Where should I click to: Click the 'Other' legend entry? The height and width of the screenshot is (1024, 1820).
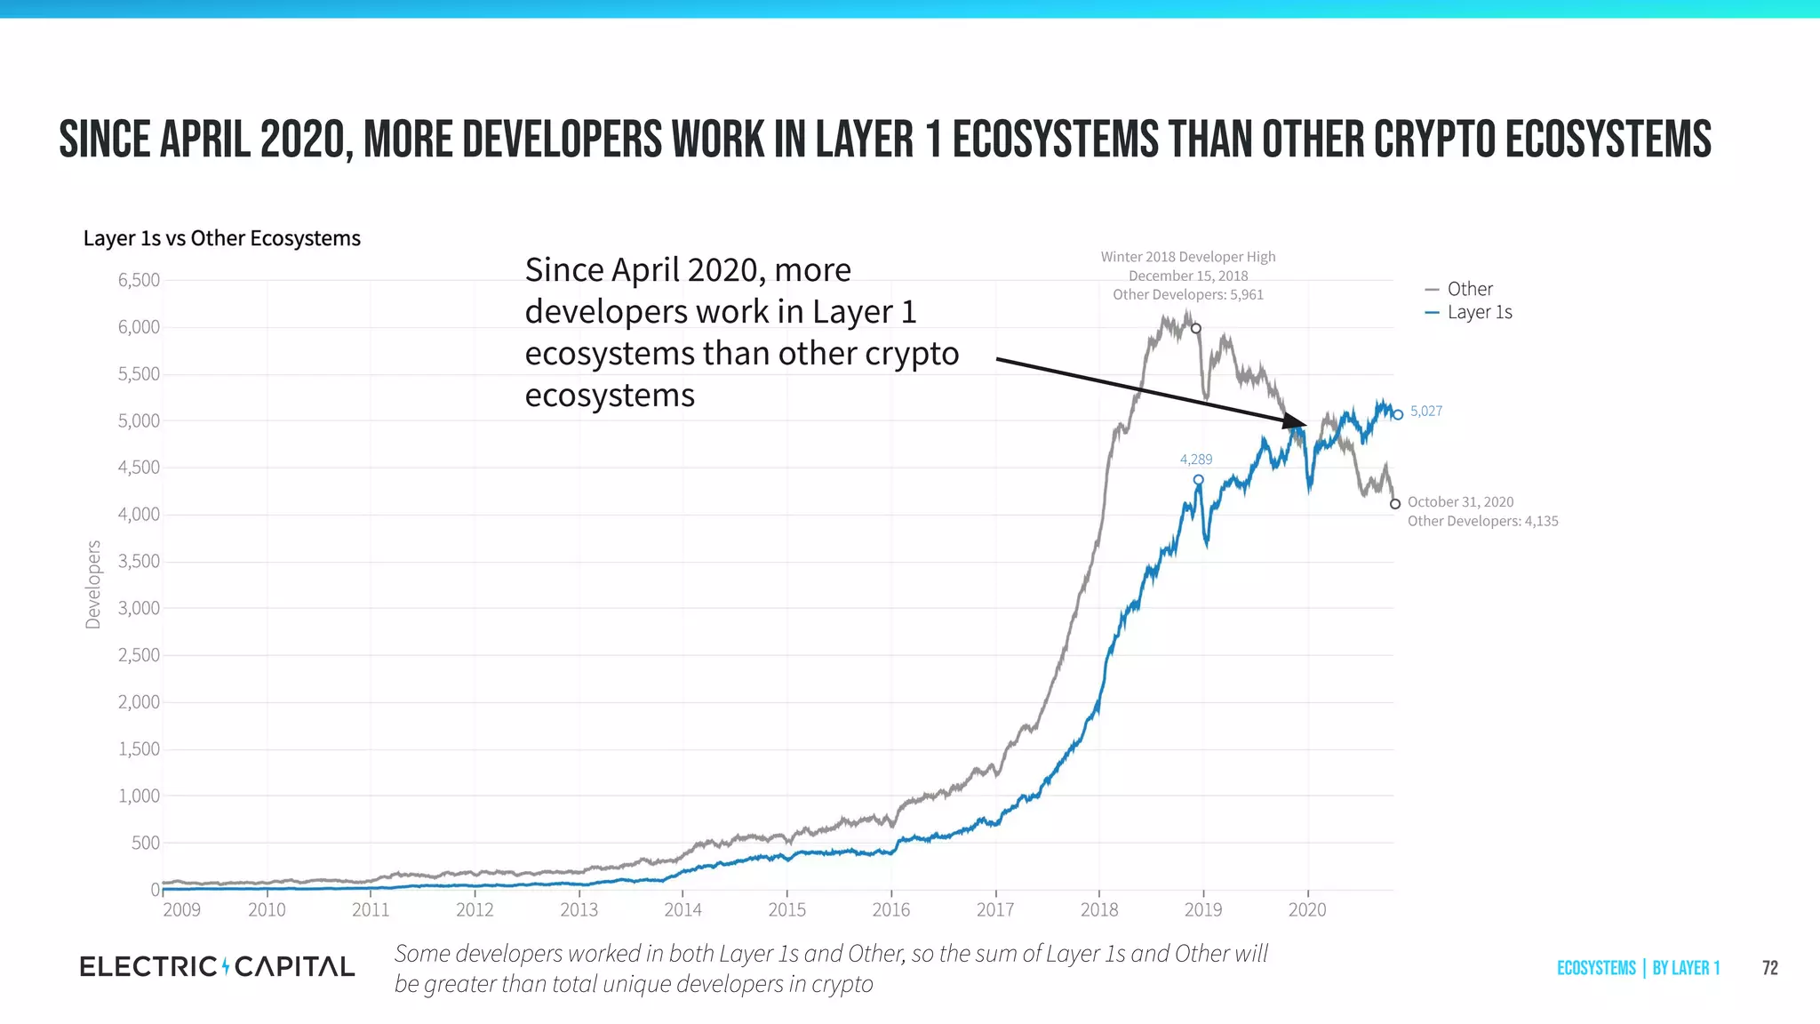1469,289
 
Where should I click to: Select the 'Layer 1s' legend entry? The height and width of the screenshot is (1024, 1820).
1479,312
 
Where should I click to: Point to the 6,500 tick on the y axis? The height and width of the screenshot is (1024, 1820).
139,280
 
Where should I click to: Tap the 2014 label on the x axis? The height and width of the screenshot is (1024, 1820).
682,909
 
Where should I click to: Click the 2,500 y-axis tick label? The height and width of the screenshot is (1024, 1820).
139,655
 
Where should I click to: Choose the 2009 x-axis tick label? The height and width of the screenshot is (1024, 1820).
181,909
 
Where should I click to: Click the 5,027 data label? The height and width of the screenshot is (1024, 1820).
1426,411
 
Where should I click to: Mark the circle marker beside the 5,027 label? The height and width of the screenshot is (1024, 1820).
1398,414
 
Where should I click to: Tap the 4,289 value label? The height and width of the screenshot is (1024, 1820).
1195,460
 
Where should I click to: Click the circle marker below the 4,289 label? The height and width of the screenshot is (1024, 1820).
1198,480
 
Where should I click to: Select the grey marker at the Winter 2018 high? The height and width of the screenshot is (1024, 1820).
1196,329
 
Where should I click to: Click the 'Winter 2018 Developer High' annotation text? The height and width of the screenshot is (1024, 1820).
1187,257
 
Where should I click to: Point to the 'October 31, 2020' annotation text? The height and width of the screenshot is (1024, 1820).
1460,502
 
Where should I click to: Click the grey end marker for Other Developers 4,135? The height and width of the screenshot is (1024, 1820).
1395,504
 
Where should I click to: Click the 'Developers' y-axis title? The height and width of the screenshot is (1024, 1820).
93,584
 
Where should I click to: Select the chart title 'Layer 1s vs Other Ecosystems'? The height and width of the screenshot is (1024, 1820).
221,238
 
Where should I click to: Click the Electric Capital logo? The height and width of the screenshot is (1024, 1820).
217,966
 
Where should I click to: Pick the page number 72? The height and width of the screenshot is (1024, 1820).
1769,968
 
